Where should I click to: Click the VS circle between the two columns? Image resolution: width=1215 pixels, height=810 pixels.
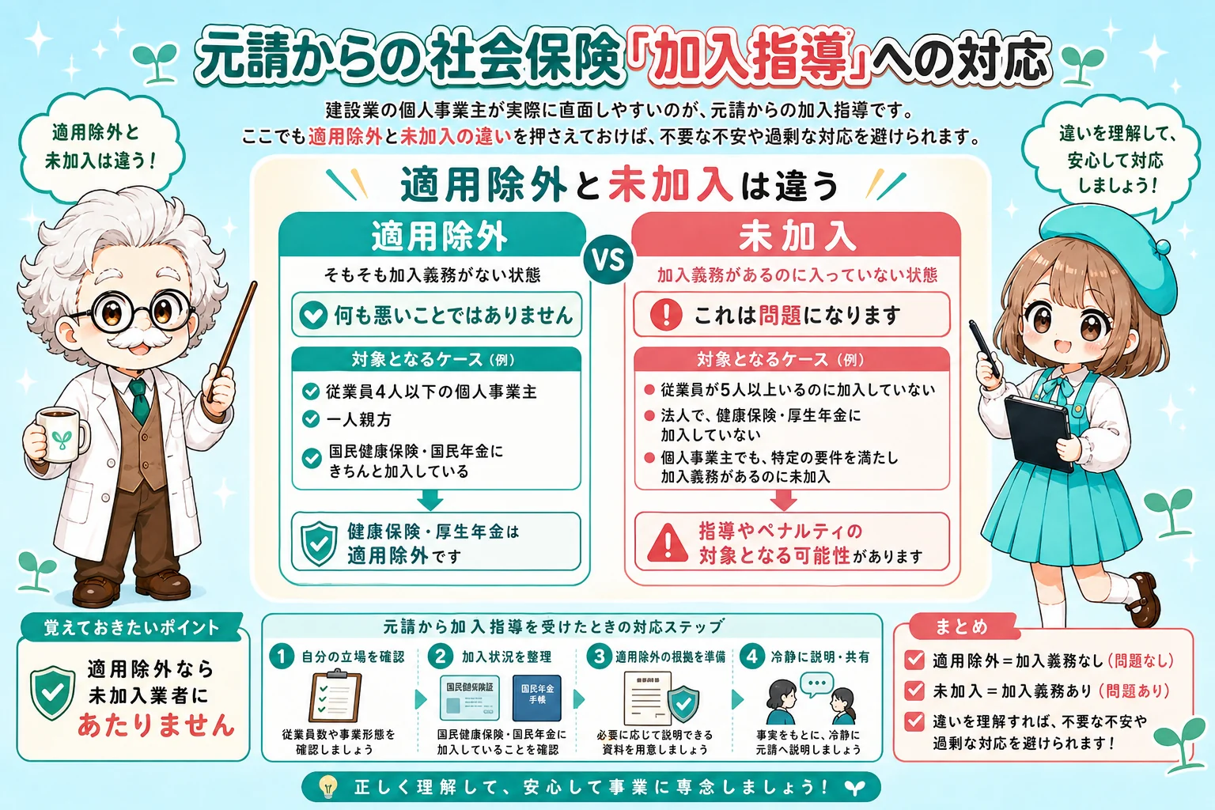point(608,259)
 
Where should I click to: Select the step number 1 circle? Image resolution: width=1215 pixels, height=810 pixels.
point(282,657)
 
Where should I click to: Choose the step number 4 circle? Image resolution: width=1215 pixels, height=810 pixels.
point(751,657)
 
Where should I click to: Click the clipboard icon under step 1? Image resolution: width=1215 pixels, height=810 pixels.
point(335,696)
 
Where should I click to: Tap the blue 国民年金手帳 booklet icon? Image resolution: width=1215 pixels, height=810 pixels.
point(536,697)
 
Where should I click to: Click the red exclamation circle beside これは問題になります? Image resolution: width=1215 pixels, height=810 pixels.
point(665,315)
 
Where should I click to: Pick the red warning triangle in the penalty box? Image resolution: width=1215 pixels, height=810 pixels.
point(668,543)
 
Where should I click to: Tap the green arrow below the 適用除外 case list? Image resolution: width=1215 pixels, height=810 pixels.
point(430,500)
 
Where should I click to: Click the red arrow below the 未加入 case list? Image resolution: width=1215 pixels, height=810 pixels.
point(783,500)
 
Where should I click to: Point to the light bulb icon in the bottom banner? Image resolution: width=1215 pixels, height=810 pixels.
point(328,786)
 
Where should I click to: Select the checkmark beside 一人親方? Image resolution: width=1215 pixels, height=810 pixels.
point(311,418)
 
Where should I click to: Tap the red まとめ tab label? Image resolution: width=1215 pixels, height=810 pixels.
point(961,626)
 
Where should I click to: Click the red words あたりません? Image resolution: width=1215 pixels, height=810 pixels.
point(156,725)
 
